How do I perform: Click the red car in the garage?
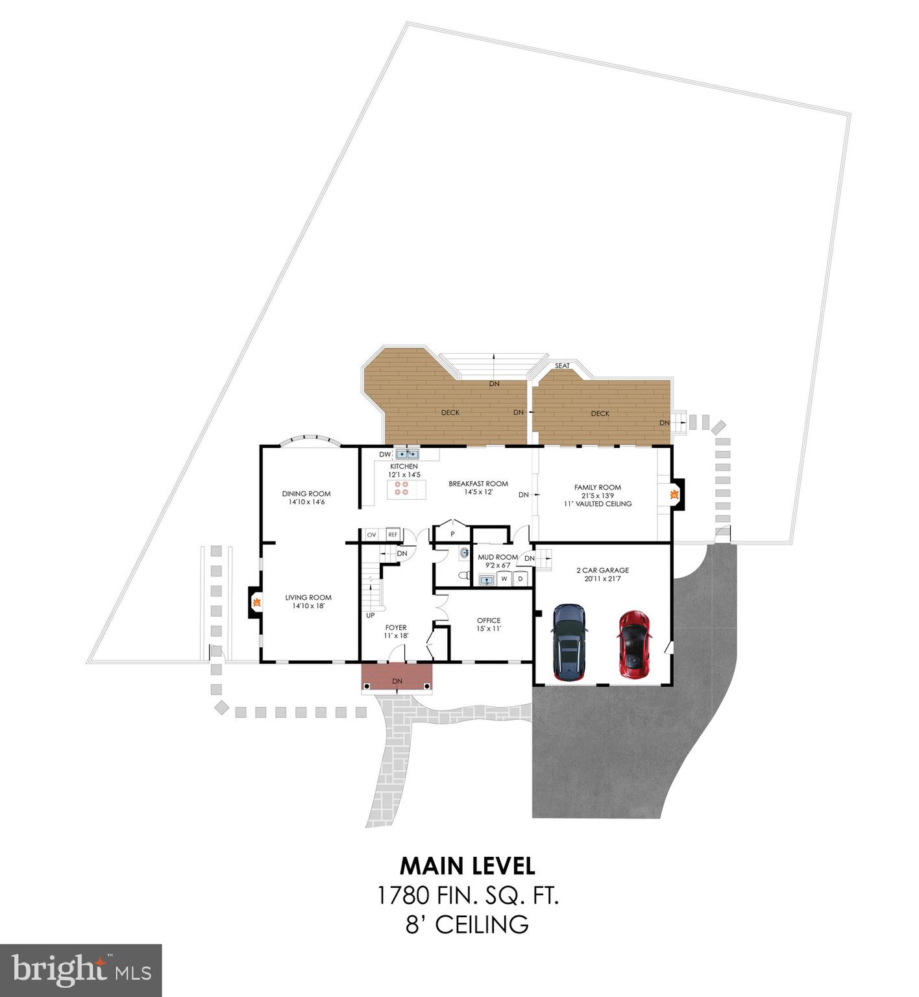click(x=633, y=644)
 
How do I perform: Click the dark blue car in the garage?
click(x=568, y=643)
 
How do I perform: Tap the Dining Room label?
click(x=306, y=494)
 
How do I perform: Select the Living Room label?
click(x=308, y=598)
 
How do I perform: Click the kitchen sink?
click(x=408, y=454)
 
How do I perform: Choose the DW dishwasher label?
click(x=385, y=454)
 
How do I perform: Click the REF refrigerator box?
click(x=393, y=535)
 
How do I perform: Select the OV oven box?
click(x=371, y=535)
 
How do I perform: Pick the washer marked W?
click(x=504, y=578)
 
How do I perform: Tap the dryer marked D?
click(x=520, y=578)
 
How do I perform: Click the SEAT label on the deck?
click(x=562, y=366)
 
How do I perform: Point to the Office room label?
click(x=489, y=621)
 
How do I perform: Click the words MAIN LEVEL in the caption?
click(x=467, y=866)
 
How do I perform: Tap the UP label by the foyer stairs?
click(x=371, y=615)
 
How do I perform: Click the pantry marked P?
click(x=452, y=534)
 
